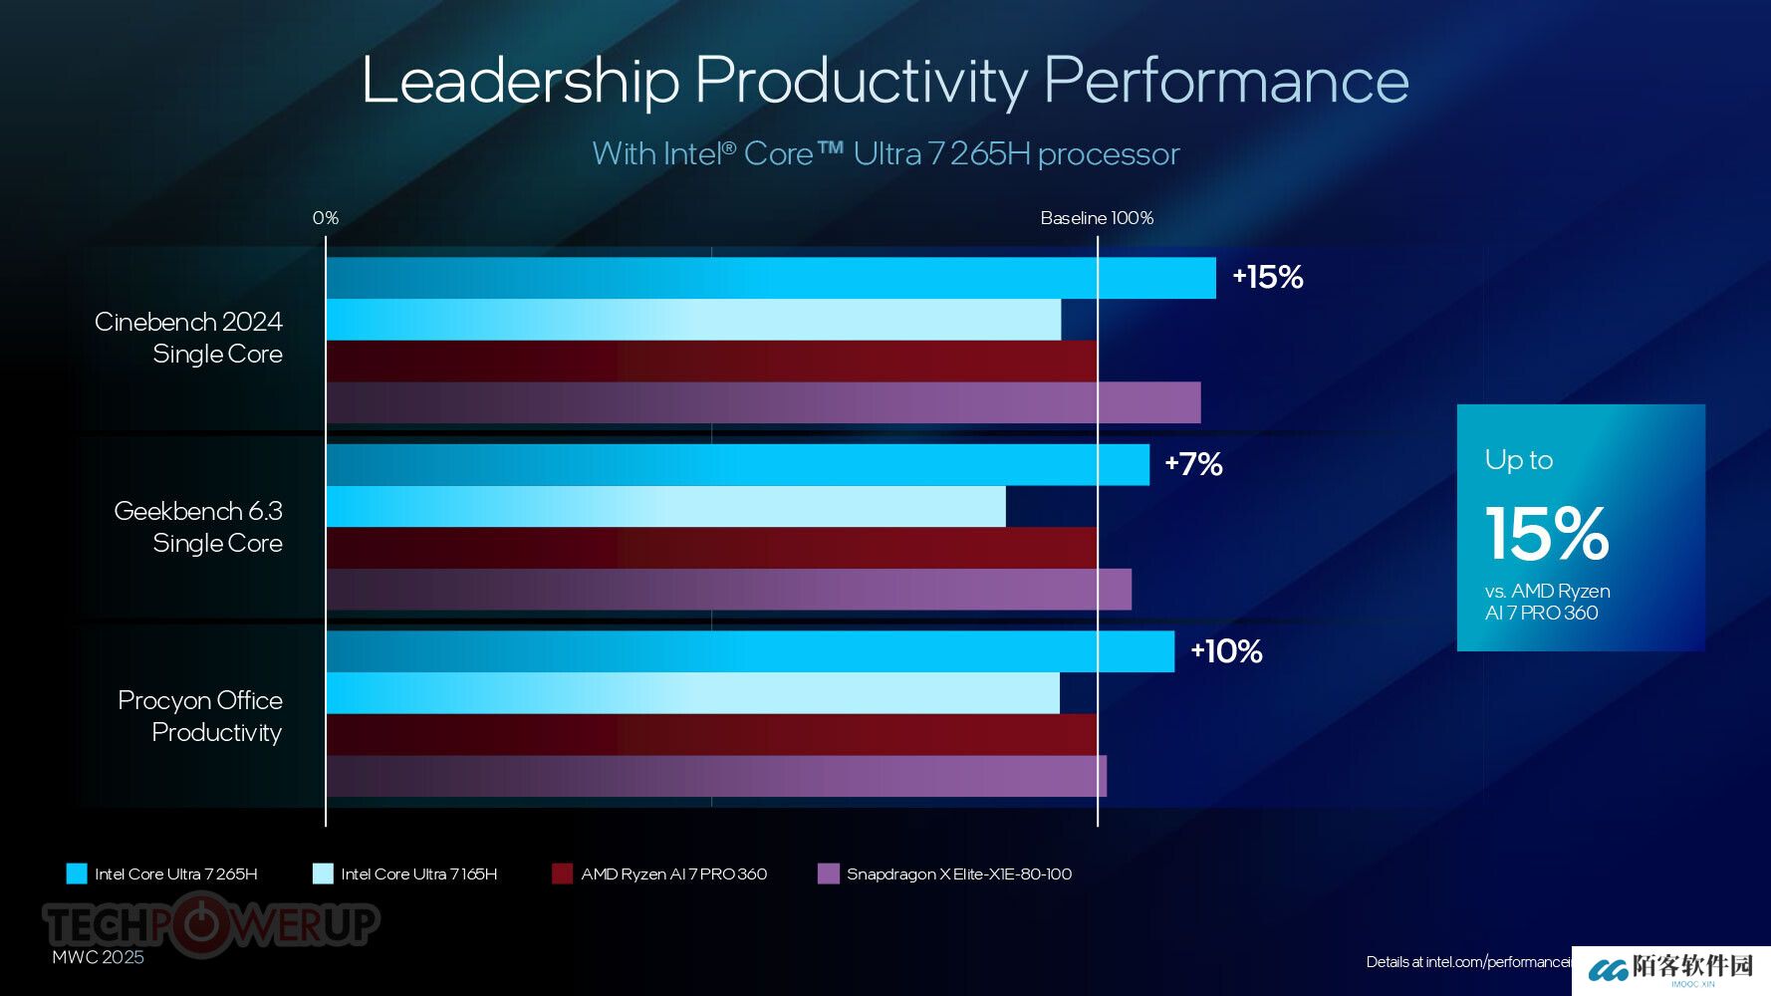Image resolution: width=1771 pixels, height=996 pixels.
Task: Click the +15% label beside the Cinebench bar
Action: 1267,277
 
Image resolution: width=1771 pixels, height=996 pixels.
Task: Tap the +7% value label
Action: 1193,464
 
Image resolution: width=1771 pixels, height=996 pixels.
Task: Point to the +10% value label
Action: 1226,651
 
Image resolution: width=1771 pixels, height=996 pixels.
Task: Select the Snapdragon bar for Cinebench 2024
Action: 763,402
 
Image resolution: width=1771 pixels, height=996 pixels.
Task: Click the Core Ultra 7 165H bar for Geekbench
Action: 665,506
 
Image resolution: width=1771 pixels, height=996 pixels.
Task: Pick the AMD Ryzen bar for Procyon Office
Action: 711,734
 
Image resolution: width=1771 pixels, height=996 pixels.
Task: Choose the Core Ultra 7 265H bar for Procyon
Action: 750,651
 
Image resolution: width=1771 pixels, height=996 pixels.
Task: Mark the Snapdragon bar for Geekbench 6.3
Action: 728,590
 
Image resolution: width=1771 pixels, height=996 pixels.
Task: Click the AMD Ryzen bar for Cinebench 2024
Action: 711,361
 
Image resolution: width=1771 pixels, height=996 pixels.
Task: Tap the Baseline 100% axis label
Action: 1097,218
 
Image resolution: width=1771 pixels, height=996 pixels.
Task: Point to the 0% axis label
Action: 326,218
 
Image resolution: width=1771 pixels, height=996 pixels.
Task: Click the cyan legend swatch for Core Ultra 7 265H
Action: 77,873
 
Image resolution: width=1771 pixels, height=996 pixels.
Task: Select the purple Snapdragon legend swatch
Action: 828,873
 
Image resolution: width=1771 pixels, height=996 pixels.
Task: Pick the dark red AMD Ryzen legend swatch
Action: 562,873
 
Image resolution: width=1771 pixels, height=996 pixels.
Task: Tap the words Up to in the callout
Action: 1518,460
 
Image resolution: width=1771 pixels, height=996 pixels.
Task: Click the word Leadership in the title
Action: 520,81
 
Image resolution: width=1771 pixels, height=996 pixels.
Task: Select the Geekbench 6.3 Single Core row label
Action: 198,527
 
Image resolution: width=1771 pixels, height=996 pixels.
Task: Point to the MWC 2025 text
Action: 98,957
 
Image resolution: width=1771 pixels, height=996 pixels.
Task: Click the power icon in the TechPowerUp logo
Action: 201,924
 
